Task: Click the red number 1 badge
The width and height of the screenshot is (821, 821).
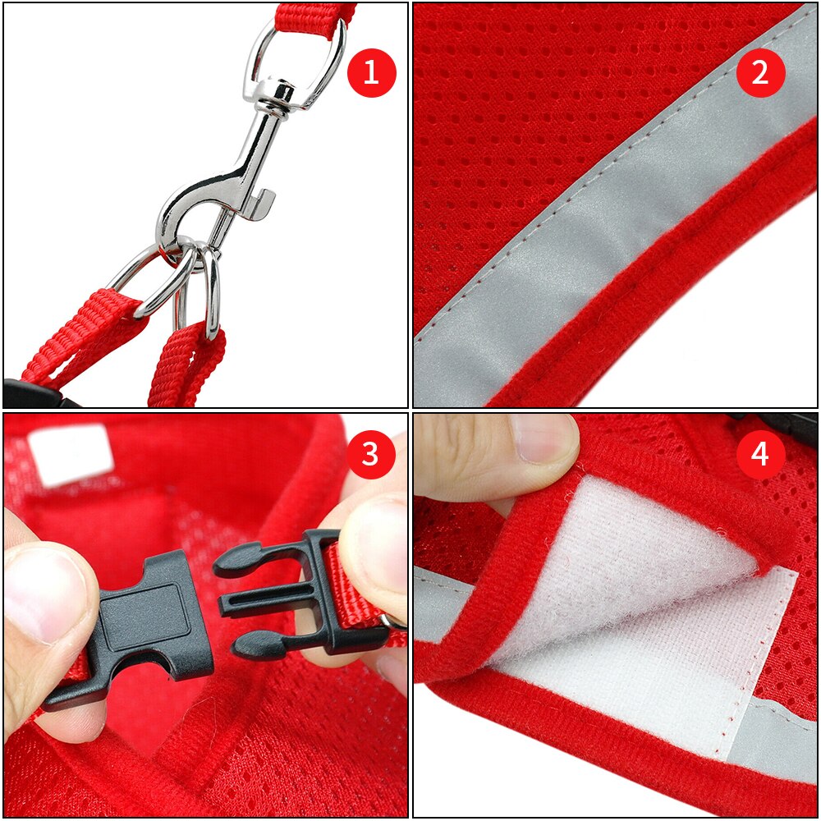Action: point(371,73)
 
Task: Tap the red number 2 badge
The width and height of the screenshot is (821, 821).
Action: point(760,73)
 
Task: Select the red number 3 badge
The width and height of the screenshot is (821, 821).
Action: point(371,454)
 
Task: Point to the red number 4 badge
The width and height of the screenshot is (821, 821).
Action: point(760,454)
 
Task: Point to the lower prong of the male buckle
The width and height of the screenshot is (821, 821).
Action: point(263,644)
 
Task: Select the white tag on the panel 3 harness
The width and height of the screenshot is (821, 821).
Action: point(70,452)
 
